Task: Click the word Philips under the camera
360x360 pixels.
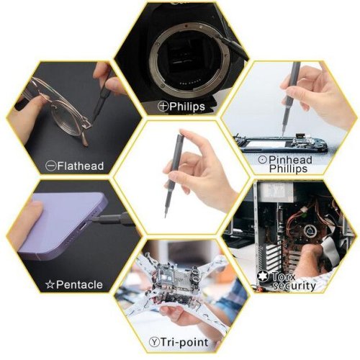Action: point(187,107)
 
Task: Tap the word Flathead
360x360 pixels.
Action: point(81,166)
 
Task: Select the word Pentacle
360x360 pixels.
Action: point(79,284)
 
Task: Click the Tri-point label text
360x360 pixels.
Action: point(184,342)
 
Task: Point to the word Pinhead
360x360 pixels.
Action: point(290,160)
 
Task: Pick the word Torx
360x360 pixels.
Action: point(284,276)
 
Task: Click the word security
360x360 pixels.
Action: point(294,286)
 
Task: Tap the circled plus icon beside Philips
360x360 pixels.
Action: point(163,106)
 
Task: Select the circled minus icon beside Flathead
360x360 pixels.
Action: point(51,166)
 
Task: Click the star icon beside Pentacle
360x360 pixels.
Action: point(50,284)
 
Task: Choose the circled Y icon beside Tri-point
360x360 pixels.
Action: point(154,342)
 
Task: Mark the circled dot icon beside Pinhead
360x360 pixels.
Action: point(263,160)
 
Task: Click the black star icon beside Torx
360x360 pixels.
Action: point(264,276)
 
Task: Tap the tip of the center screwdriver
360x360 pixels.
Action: point(165,217)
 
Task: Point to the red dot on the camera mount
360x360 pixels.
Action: point(186,25)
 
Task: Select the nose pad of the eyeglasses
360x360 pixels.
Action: point(87,125)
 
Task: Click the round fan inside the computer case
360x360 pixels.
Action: point(310,231)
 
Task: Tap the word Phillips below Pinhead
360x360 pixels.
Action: point(288,168)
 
